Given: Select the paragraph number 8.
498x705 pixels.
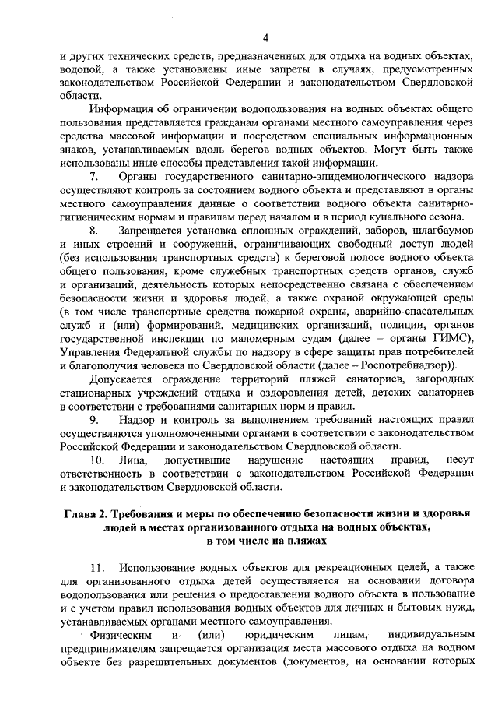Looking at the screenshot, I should [x=93, y=231].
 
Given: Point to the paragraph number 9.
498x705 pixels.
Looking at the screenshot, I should [x=93, y=421].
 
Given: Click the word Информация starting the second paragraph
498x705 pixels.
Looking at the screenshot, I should [x=121, y=108].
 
